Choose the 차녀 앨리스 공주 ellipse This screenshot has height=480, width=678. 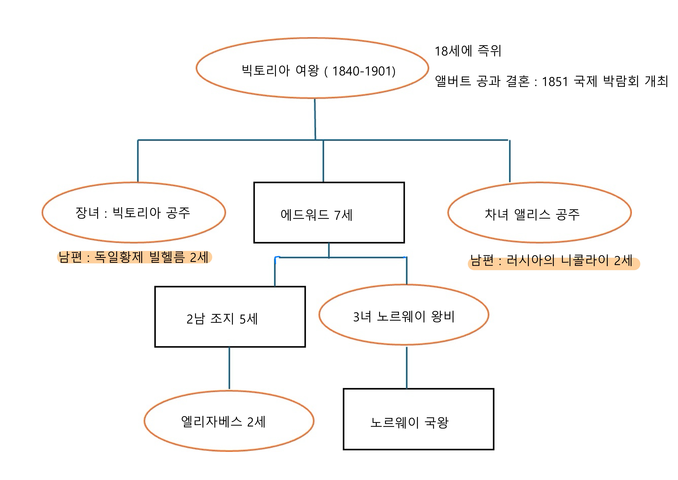pos(539,212)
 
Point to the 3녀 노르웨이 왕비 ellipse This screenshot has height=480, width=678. pos(404,315)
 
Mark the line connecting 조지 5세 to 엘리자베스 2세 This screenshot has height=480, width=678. pos(229,368)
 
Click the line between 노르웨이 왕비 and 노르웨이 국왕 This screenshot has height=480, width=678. pos(407,367)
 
